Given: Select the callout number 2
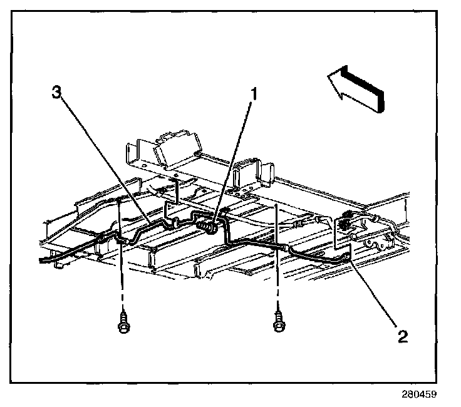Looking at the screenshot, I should [403, 336].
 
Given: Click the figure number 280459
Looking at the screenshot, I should [418, 394].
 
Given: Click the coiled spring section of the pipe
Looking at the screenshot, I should [205, 222].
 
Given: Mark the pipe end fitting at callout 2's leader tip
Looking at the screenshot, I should [348, 256].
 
